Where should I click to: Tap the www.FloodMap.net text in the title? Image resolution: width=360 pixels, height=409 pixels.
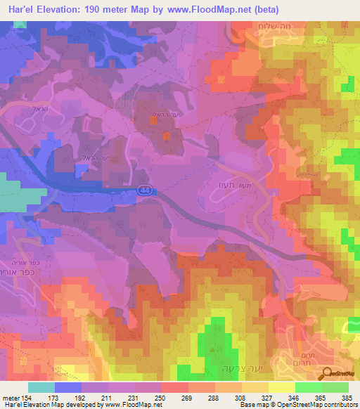pos(214,10)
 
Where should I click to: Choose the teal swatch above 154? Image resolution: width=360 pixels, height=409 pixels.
pos(41,387)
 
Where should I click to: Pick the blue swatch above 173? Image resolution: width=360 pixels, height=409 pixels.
pos(68,387)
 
